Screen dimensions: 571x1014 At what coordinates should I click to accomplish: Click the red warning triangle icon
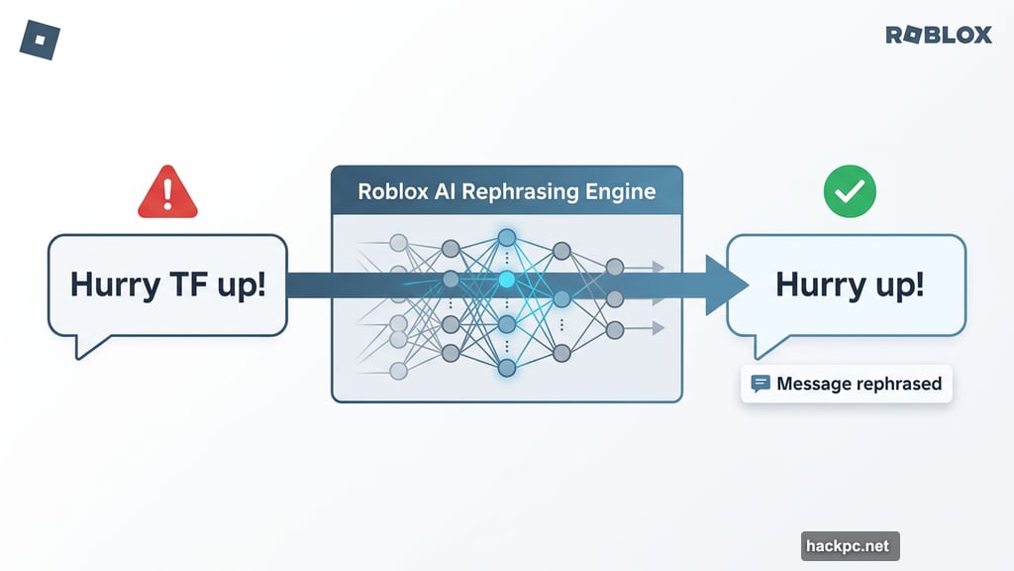point(167,193)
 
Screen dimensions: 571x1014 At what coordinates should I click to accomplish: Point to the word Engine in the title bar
point(619,191)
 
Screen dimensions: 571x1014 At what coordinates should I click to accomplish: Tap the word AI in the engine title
point(445,191)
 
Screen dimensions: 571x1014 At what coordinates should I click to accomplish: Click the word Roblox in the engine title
point(393,191)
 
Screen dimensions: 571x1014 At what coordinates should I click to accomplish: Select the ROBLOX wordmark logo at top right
point(938,36)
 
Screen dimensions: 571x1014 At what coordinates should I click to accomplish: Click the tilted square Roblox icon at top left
point(41,40)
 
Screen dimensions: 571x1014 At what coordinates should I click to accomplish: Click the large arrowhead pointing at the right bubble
point(726,285)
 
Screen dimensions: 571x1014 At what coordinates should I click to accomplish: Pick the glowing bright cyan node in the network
point(507,281)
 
